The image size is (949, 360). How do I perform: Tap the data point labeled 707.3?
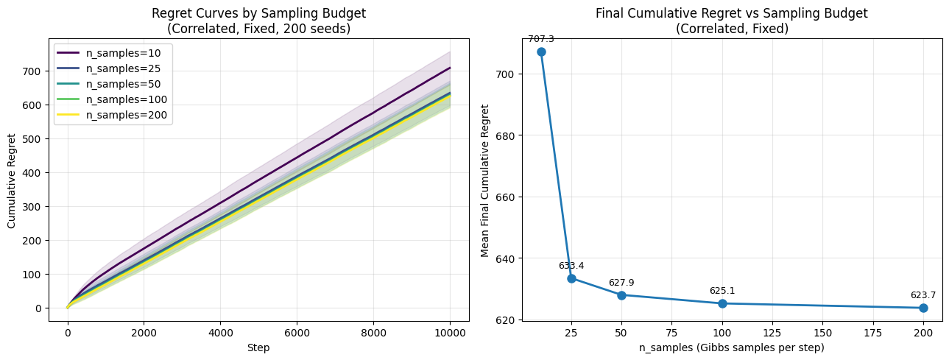[x=541, y=52]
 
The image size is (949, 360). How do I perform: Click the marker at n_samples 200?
[x=923, y=308]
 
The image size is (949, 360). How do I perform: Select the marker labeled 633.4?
[x=571, y=278]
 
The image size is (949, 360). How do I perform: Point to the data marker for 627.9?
[x=621, y=295]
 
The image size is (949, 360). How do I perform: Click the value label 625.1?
[x=722, y=291]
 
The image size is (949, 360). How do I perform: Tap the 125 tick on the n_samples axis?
[x=772, y=333]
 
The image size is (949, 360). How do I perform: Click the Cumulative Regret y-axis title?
[x=12, y=180]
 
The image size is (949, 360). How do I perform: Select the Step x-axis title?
[x=258, y=347]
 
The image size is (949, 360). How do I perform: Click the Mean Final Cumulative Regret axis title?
[x=484, y=180]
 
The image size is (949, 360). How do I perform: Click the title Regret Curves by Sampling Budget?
[x=258, y=13]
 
